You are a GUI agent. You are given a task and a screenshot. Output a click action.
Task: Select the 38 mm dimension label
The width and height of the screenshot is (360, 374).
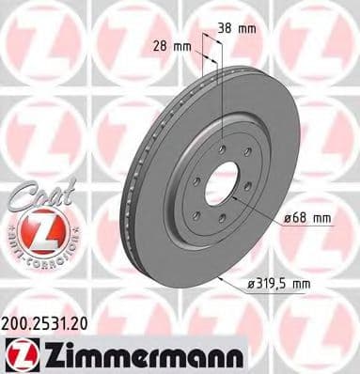coord(236,27)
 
